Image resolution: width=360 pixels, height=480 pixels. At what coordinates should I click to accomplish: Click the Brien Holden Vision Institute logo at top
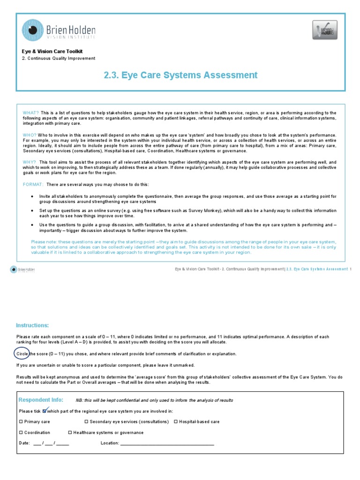59,30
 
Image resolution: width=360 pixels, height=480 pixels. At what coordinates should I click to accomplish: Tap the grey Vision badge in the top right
324,30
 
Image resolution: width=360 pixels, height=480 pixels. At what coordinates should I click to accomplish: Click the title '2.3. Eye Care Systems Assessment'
180,75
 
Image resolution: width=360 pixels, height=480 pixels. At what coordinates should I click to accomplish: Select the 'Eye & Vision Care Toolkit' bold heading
53,51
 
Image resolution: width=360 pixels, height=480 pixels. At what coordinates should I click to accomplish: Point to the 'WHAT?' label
31,113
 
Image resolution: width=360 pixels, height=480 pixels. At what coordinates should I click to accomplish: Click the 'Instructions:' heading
32,325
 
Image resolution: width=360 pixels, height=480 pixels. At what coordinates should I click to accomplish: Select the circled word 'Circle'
22,353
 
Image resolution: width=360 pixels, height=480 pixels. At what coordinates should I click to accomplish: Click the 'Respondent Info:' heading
40,399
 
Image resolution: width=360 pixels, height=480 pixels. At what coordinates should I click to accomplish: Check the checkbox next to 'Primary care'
21,422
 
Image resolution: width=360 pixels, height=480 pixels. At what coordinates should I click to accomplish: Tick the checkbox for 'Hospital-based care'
176,422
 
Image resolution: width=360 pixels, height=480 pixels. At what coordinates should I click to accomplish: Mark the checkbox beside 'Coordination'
21,433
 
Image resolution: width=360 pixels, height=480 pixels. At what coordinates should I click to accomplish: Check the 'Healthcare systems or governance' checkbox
70,433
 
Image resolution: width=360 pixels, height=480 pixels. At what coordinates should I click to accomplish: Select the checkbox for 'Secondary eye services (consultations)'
86,422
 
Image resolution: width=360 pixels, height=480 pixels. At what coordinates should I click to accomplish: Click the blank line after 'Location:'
167,443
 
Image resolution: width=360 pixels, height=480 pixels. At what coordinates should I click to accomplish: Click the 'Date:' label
24,443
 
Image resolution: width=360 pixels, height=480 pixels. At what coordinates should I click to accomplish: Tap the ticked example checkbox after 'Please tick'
45,411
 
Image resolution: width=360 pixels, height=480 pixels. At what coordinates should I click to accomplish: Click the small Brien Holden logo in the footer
22,270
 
